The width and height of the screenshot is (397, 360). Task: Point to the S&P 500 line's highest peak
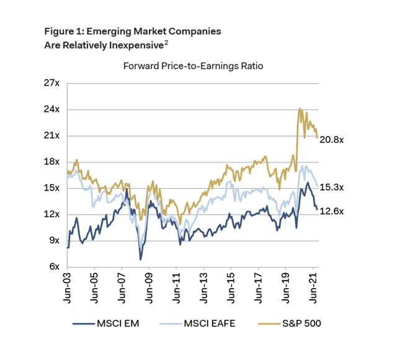pyautogui.click(x=300, y=109)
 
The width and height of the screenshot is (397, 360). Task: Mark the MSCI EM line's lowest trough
pyautogui.click(x=141, y=259)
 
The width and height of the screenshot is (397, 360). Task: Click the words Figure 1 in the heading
pyautogui.click(x=63, y=30)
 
